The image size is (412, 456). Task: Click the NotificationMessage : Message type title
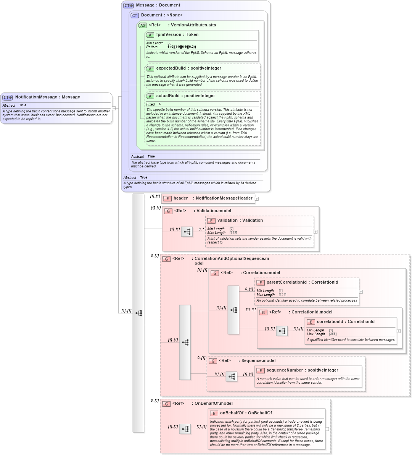[47, 97]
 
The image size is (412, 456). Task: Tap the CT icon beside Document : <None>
[135, 16]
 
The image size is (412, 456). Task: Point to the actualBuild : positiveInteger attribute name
[185, 96]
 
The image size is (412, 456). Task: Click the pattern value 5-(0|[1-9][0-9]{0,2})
[182, 47]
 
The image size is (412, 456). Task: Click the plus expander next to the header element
[257, 199]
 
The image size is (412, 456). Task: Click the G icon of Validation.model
[168, 211]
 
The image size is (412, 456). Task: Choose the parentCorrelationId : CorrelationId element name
[302, 282]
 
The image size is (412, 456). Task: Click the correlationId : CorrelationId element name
[345, 322]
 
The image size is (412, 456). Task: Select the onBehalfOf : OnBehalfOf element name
[246, 413]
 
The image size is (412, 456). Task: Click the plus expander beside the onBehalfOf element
[327, 429]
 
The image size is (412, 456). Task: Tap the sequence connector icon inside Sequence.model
[231, 376]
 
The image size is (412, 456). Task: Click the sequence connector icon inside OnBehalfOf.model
[185, 429]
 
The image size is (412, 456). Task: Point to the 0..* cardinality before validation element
[201, 229]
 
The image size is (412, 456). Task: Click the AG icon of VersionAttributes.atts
[142, 26]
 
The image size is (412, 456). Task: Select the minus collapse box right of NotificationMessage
[114, 108]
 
